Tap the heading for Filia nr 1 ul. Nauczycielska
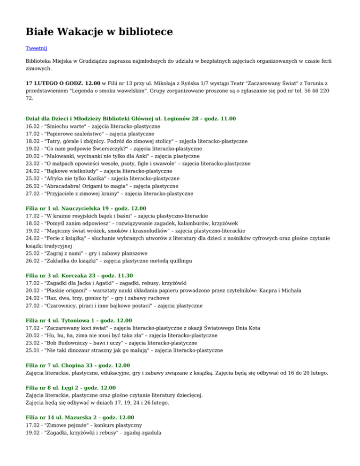coord(86,208)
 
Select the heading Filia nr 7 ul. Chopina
coord(78,365)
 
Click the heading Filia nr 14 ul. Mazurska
coord(80,417)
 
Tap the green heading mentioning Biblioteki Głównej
coord(131,119)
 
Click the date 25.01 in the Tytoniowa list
coord(33,350)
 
